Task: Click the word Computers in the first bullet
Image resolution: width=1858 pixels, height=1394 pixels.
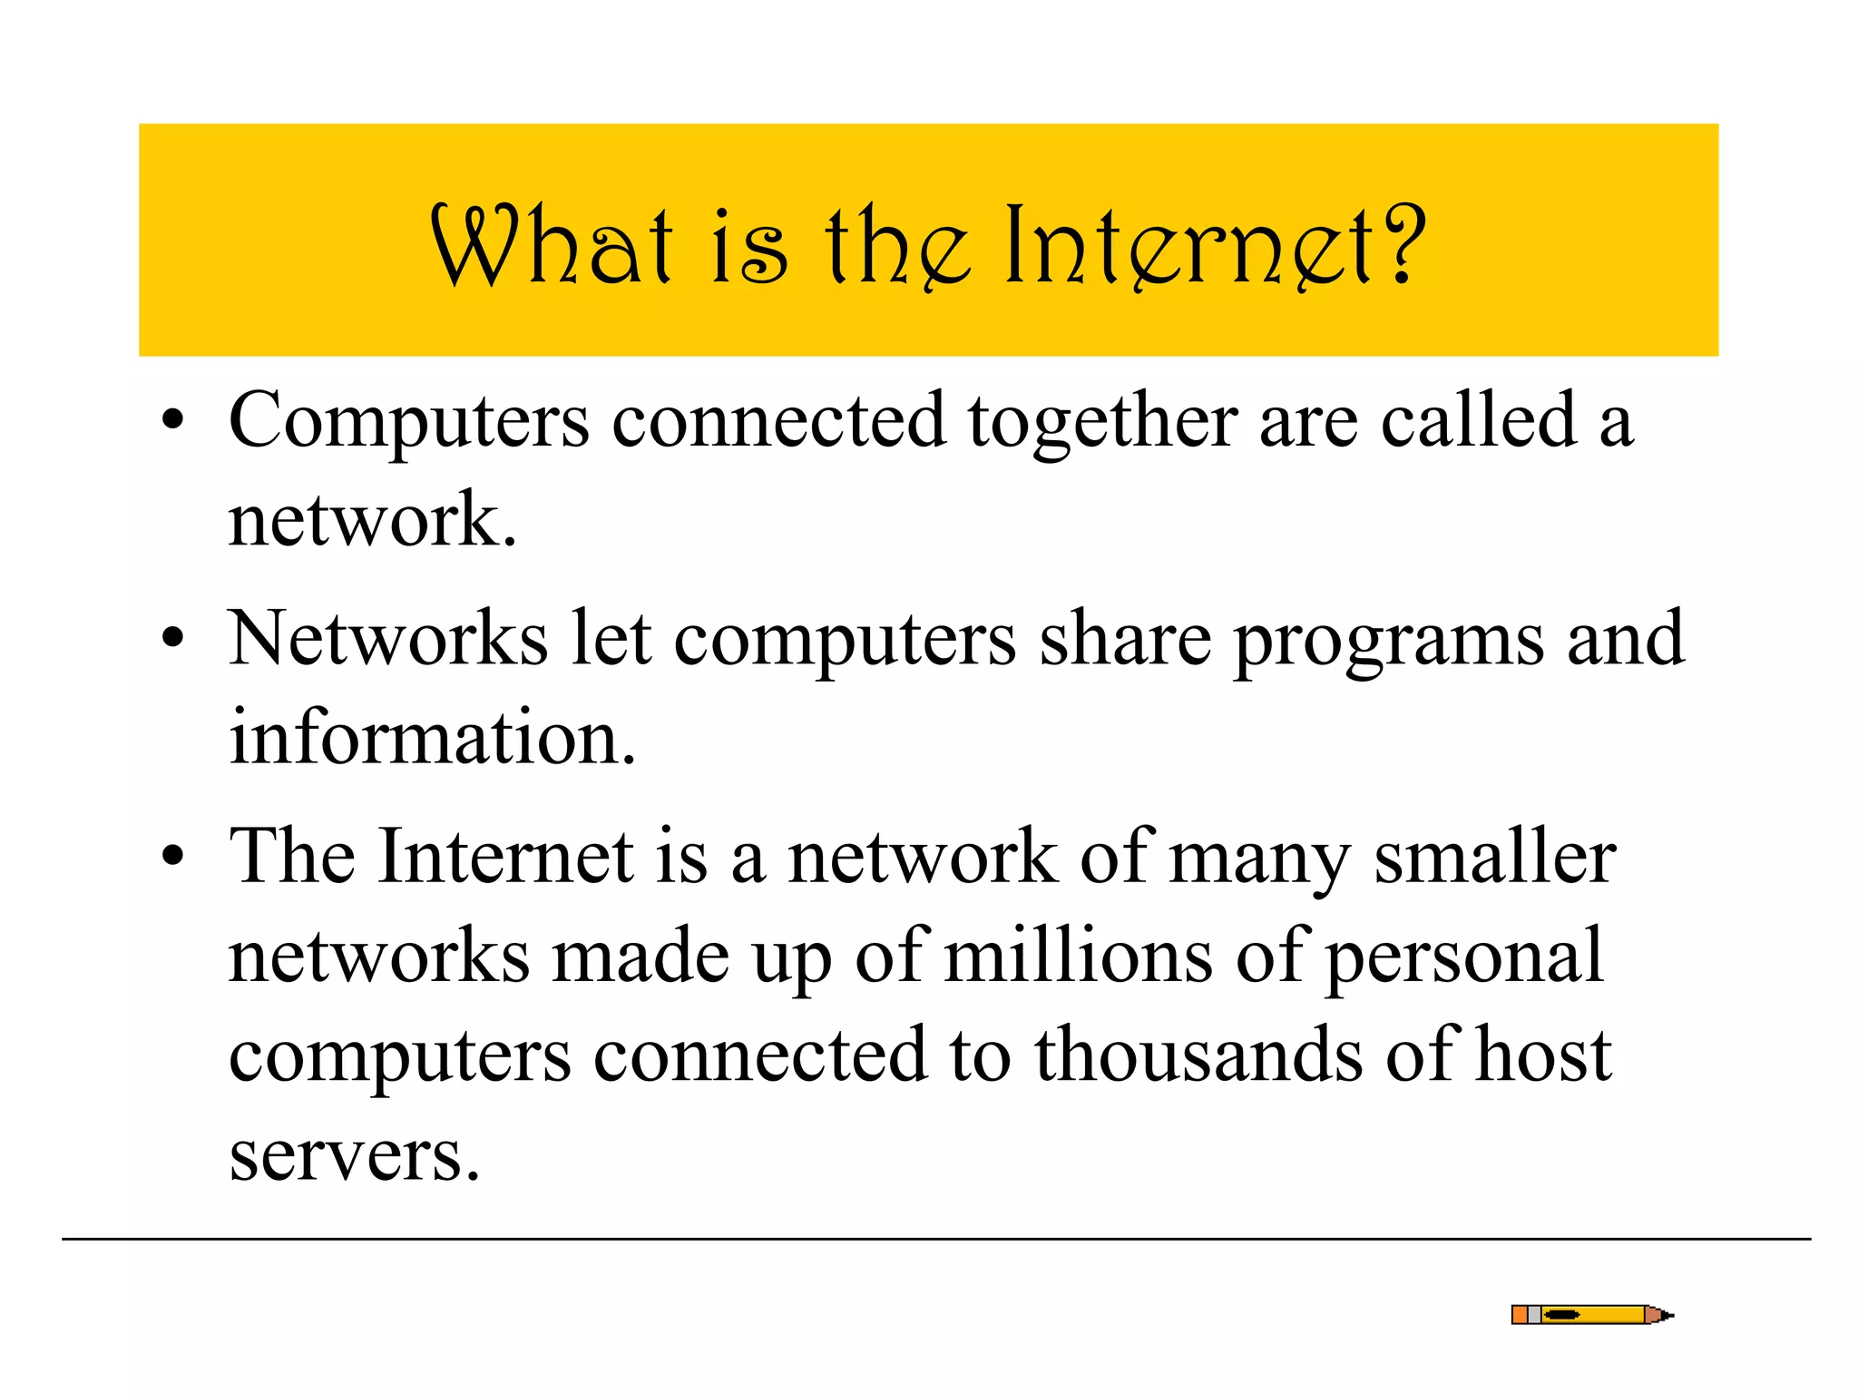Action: [409, 422]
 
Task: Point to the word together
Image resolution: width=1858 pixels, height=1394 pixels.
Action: [1102, 422]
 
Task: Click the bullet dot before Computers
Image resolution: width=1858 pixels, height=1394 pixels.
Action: [172, 421]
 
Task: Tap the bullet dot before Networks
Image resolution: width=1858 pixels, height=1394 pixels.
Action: [172, 639]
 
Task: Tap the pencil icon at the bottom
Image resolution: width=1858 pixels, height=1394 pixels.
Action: [1592, 1315]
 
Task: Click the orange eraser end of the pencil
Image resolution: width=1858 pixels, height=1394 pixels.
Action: [1519, 1315]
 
